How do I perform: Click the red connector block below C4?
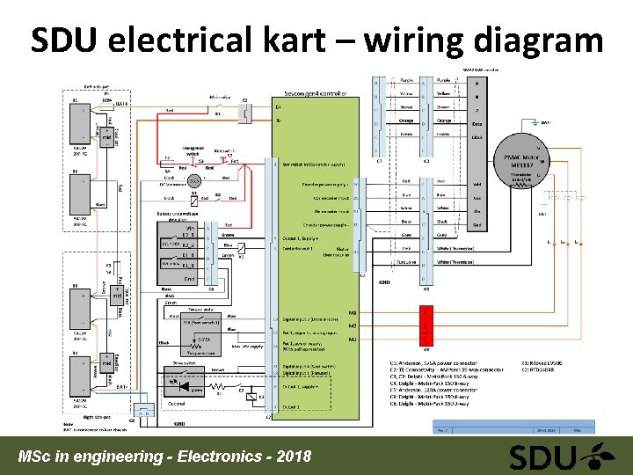(426, 325)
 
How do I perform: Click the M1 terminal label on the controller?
(353, 312)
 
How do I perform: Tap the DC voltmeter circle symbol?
(193, 180)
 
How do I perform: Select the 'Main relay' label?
(220, 98)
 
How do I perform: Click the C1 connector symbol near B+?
(245, 112)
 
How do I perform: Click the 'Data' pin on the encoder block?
(477, 127)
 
